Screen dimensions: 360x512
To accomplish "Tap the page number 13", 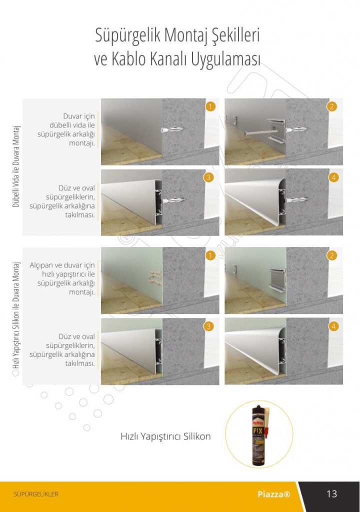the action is pos(331,493).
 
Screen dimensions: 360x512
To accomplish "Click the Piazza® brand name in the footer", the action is pos(274,494).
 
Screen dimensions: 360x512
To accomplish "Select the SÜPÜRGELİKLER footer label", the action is pos(36,494).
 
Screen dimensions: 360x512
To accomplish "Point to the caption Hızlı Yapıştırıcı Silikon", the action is pos(165,436).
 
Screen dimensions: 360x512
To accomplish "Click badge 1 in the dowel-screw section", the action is pos(210,106).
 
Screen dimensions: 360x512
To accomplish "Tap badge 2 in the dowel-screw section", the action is pos(332,106).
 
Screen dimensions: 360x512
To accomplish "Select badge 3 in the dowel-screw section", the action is pos(208,177).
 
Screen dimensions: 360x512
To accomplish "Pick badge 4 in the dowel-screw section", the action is pos(333,177).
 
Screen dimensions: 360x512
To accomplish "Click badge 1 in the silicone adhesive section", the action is pos(210,255).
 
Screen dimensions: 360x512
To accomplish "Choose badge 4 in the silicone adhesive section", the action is pos(333,326).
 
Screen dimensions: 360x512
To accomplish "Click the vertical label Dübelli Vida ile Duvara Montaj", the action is pos(16,166).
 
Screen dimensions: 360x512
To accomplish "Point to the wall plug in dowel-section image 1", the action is pos(172,129).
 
